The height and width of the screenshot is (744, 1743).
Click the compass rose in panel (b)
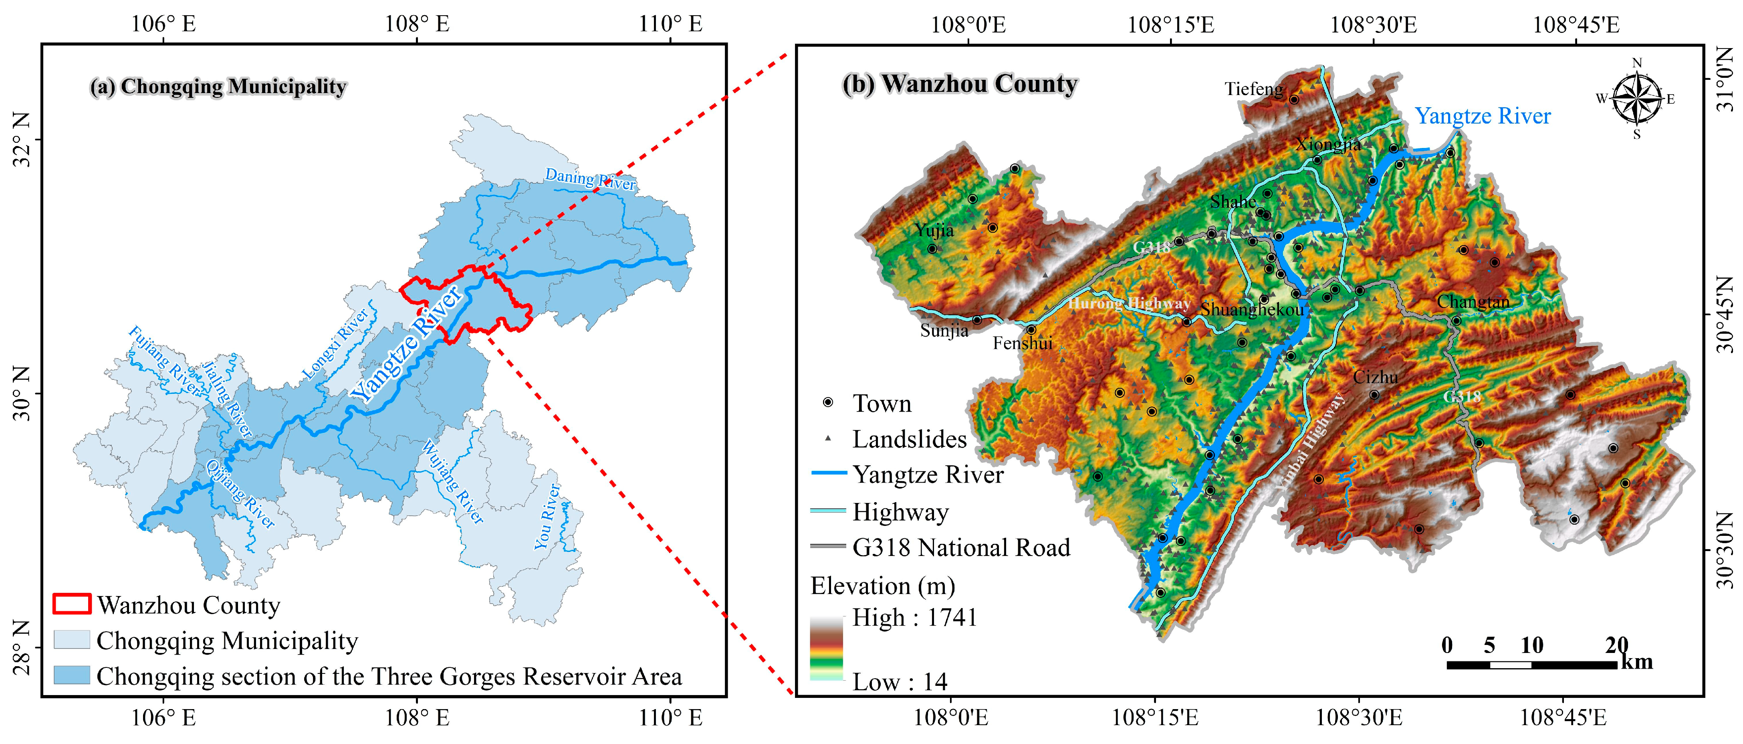coord(1636,99)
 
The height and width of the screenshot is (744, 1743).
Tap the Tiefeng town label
coord(1254,89)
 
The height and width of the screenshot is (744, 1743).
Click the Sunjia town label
coord(944,330)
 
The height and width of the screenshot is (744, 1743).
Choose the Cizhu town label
coord(1375,377)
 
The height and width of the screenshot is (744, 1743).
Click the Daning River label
coord(590,179)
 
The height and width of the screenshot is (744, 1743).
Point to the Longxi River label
coord(335,343)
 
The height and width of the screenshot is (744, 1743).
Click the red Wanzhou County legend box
coord(72,604)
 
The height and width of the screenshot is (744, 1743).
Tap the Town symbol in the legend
coord(827,403)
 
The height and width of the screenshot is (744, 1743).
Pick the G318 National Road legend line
coord(828,545)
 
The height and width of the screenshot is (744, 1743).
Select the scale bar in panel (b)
coord(1531,664)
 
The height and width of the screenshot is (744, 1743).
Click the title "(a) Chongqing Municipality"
coord(218,87)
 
